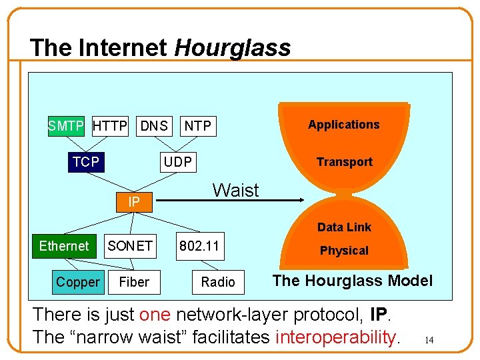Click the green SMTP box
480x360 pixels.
point(66,125)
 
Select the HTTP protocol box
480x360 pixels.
point(110,125)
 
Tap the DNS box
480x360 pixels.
point(153,125)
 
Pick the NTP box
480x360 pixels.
point(198,125)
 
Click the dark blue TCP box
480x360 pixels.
point(87,161)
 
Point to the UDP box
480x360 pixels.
point(178,161)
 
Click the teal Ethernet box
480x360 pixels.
point(64,246)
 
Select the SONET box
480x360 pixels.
point(130,246)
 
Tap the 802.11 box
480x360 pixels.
point(199,246)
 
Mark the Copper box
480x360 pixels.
point(77,282)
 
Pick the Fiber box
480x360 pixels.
point(134,282)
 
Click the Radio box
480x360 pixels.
point(218,282)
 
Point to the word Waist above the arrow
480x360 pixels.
point(235,190)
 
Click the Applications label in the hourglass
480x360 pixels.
point(344,125)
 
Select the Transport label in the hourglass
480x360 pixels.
point(344,162)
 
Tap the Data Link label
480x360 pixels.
point(344,227)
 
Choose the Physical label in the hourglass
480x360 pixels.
point(344,251)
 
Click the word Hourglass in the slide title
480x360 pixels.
point(233,48)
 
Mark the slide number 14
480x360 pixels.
point(429,341)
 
